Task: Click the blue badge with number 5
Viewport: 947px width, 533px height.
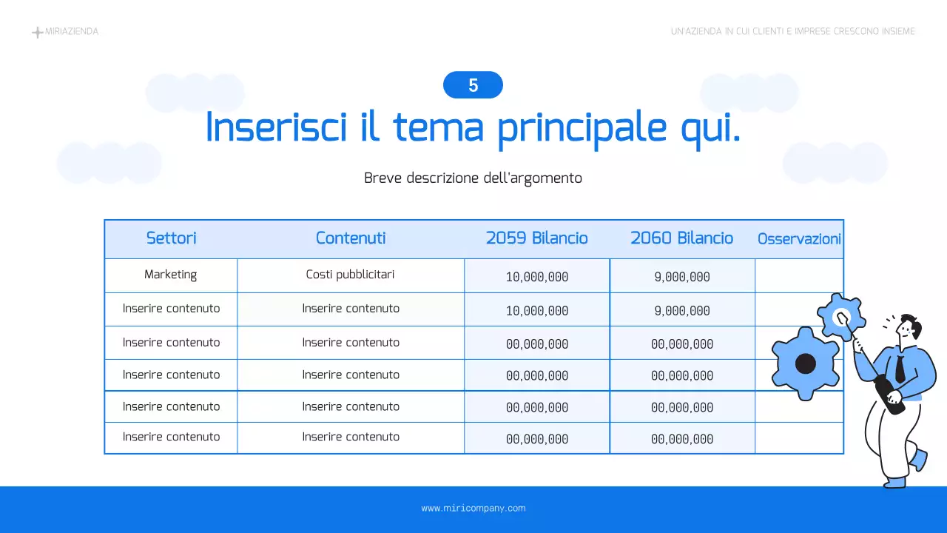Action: [x=473, y=85]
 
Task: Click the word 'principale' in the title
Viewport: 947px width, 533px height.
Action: [x=583, y=127]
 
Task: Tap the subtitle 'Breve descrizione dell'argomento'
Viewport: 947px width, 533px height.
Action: [x=473, y=178]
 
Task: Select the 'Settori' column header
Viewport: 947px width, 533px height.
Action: [x=171, y=238]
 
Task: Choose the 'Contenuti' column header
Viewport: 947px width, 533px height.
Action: [x=351, y=238]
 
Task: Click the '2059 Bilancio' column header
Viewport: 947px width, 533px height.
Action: [x=536, y=238]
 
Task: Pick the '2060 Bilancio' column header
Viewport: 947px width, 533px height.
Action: [x=681, y=238]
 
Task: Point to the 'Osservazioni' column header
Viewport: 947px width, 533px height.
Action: [x=799, y=239]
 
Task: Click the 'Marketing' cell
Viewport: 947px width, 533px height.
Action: [x=171, y=275]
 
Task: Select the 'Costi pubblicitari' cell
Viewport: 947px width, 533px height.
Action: [x=351, y=275]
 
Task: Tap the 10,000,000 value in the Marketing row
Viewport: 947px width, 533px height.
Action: [x=537, y=277]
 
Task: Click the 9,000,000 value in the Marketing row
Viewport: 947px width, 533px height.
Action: [x=682, y=277]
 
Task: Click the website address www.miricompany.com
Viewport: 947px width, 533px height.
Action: [x=473, y=509]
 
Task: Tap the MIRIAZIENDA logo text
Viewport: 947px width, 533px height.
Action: [x=72, y=32]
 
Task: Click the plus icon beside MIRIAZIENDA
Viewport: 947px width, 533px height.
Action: [x=37, y=33]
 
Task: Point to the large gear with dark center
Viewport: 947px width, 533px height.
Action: [x=806, y=363]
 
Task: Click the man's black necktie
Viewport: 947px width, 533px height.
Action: [x=900, y=368]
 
